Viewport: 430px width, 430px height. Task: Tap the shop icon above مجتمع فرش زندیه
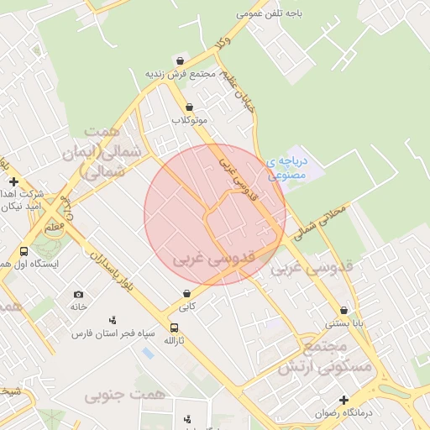pos(181,60)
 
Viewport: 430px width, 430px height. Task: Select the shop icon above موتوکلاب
pos(189,107)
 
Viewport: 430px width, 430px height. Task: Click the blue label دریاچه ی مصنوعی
pos(288,167)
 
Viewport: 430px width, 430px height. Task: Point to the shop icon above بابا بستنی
pos(344,310)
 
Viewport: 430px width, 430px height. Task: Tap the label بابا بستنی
pos(344,322)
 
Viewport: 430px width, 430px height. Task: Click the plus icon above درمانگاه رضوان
pos(343,400)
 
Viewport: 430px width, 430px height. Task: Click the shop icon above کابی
pos(186,294)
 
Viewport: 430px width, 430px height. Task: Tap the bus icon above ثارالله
pos(174,328)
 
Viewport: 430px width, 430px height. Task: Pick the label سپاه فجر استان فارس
pos(113,333)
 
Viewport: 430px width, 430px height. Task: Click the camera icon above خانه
pos(78,294)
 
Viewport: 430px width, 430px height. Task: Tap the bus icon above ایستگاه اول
pos(24,251)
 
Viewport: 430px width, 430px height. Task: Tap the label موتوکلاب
pos(189,120)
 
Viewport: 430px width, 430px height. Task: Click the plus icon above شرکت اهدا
pos(13,181)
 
